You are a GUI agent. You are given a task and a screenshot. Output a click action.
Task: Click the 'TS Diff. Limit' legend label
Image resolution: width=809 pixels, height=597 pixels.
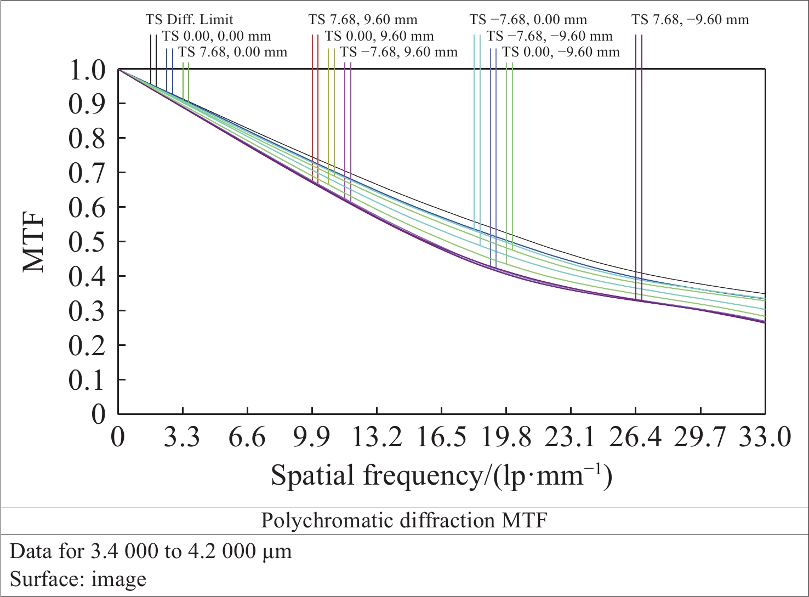tap(189, 20)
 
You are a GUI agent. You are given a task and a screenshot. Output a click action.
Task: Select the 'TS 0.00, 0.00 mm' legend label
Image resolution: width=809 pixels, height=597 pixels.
tap(217, 36)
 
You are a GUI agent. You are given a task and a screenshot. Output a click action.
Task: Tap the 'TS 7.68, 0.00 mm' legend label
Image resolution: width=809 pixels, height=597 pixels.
tap(233, 52)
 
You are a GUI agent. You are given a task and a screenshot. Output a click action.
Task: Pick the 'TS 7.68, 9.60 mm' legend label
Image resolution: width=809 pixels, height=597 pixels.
tap(363, 20)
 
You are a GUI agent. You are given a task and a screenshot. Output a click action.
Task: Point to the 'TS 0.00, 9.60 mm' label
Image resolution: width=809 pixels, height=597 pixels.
tap(379, 36)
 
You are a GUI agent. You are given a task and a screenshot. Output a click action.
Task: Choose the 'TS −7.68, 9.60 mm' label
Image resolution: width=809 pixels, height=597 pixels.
tap(399, 52)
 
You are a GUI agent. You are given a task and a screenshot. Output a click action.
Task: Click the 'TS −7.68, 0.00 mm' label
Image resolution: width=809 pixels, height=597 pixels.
tap(528, 20)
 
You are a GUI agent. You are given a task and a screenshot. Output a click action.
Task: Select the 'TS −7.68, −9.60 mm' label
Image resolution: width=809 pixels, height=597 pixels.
tap(550, 36)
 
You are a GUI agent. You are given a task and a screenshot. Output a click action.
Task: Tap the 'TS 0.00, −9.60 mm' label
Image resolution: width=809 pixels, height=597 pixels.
tap(561, 52)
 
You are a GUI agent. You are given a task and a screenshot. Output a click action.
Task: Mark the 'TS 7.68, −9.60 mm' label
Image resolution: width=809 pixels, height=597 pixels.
tap(690, 20)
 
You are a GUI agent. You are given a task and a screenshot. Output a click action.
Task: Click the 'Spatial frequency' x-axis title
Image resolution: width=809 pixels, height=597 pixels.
tap(441, 475)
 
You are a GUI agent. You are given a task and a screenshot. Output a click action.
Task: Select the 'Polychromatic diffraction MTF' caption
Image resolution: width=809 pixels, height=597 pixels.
tap(404, 520)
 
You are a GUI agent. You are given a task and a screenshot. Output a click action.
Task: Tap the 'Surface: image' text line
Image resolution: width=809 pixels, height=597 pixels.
tap(78, 579)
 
